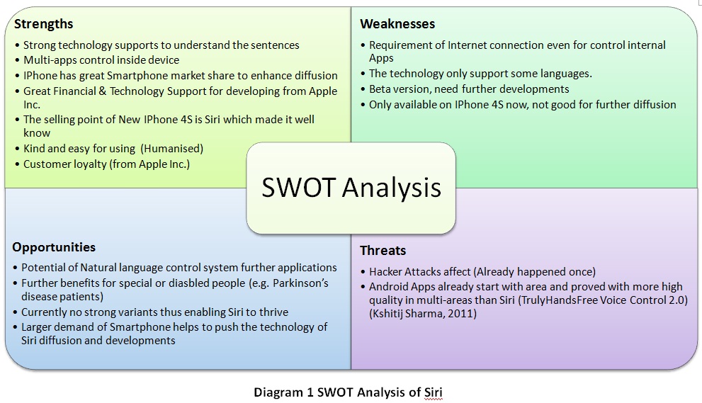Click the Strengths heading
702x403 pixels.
(43, 24)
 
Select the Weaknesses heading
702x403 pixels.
(397, 24)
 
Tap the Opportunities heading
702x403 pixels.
(54, 248)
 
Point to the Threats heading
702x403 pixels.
(383, 250)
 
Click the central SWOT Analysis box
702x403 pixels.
(351, 188)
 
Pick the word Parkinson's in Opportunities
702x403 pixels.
(300, 283)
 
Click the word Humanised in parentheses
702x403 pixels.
(172, 149)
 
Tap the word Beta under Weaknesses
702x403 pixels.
(380, 89)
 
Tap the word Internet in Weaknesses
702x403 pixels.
(467, 45)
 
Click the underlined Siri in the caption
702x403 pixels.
(433, 392)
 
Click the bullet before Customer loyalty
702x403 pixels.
(18, 164)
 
